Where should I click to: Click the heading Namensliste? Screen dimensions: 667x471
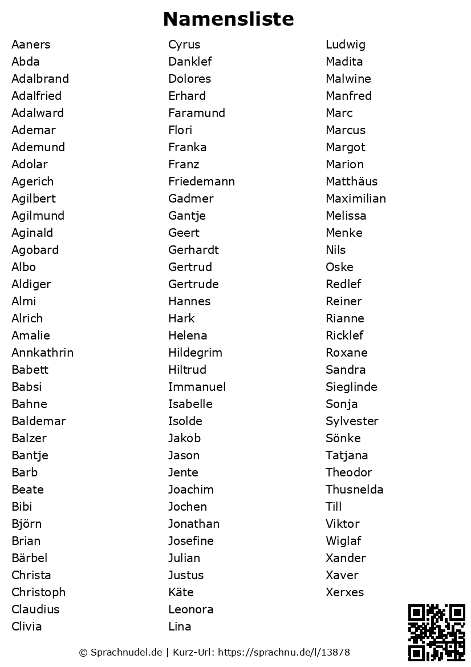point(228,19)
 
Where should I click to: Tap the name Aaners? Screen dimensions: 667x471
point(31,45)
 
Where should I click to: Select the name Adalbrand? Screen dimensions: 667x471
point(40,79)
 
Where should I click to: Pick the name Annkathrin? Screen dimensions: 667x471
point(42,353)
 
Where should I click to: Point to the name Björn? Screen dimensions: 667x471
point(26,524)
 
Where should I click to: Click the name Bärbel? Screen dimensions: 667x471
point(29,558)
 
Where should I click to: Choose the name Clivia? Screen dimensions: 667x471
point(27,626)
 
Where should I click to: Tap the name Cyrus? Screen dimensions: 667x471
point(184,45)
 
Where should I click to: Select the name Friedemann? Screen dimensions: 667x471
point(201,181)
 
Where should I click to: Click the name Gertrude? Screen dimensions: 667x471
point(193,284)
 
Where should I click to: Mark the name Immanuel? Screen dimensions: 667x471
point(197,387)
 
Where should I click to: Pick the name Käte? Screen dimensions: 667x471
point(181,592)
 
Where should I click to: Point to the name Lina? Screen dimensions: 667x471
point(180,626)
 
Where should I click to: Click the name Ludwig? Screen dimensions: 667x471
point(346,45)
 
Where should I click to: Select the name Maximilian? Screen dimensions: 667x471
point(356,199)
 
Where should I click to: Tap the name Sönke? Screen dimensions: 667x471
point(343,438)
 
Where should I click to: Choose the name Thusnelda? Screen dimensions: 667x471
point(355,490)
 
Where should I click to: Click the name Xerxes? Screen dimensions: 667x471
point(344,592)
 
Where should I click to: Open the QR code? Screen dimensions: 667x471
point(437,632)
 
